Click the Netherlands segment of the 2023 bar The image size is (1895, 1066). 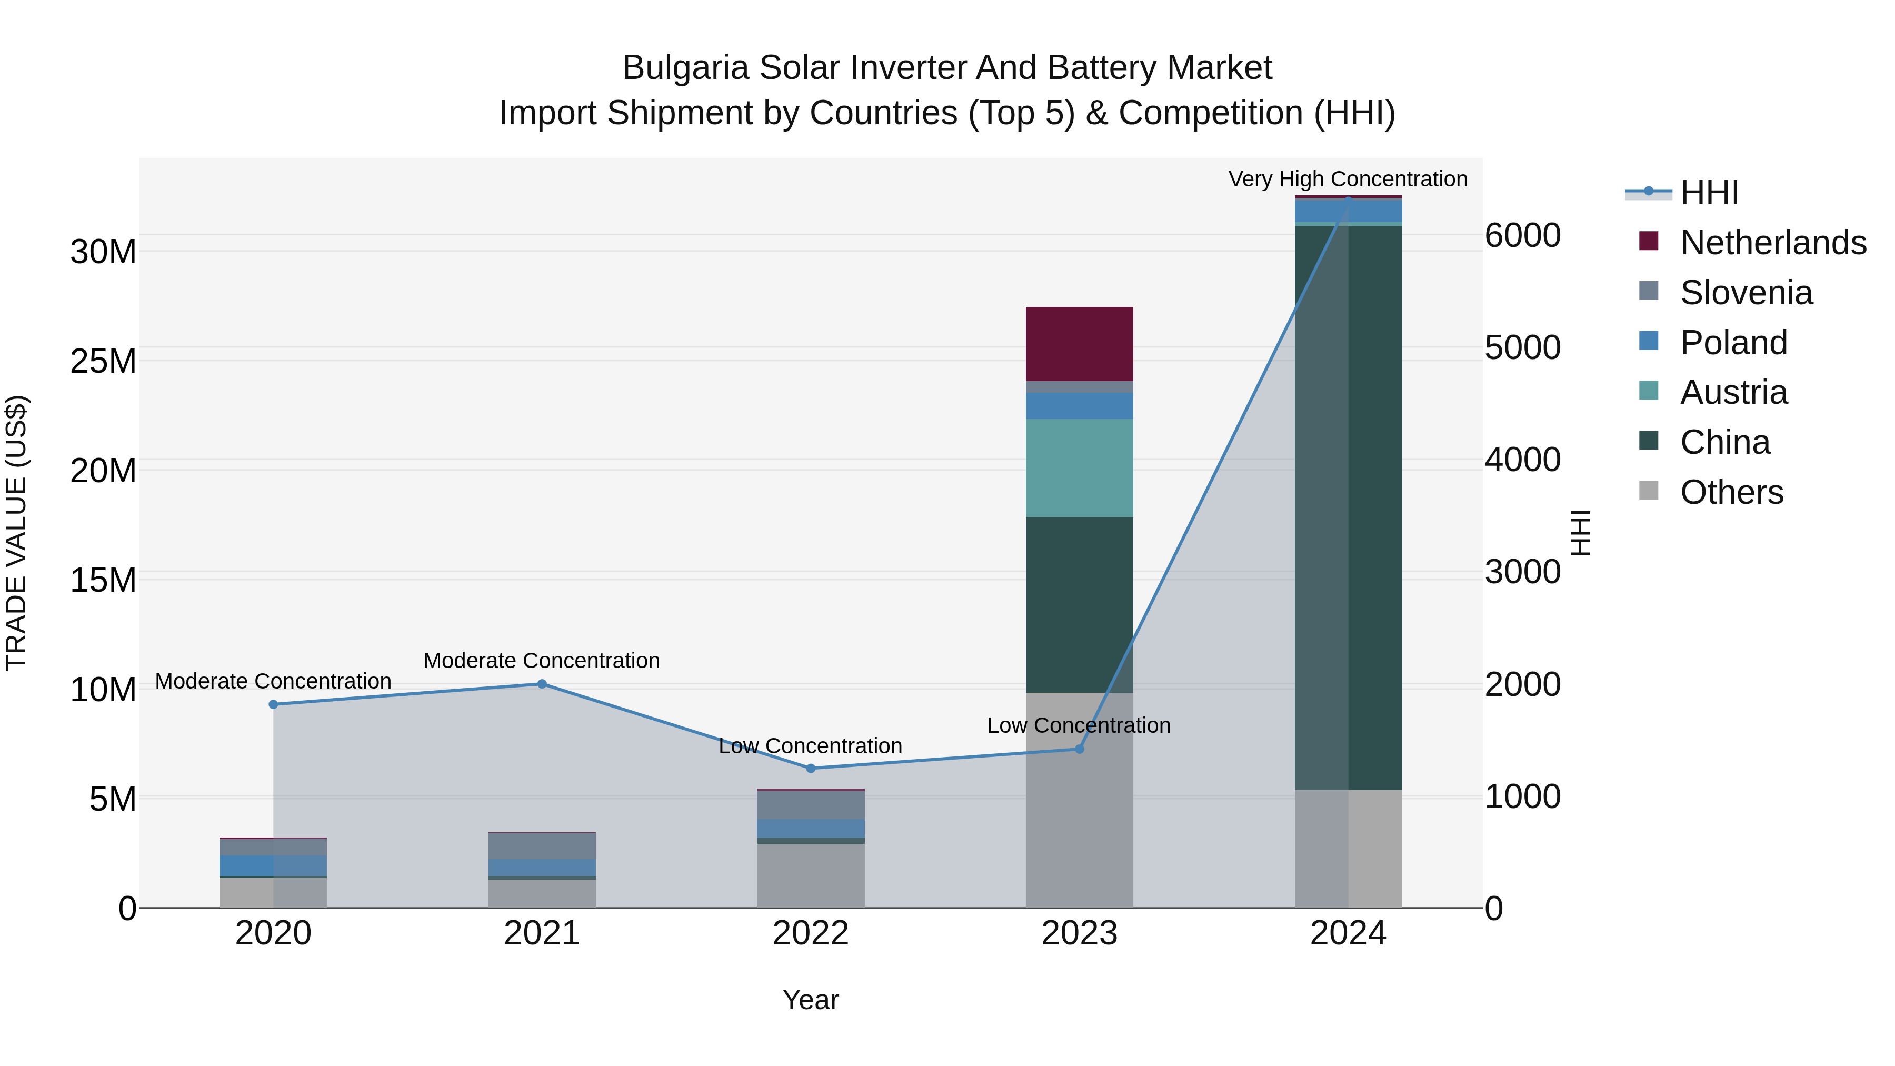[x=1079, y=344]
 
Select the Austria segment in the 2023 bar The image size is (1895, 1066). [x=1079, y=468]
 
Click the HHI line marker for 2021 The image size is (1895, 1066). [x=542, y=684]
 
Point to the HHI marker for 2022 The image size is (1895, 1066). [x=811, y=768]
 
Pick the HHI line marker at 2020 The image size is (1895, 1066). [x=274, y=704]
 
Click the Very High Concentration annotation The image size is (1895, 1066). [x=1348, y=179]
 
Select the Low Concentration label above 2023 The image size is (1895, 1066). [x=1079, y=725]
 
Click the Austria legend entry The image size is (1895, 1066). [x=1733, y=392]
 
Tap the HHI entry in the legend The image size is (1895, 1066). [x=1709, y=193]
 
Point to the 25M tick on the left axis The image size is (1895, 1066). [x=103, y=361]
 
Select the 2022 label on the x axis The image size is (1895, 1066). [x=811, y=933]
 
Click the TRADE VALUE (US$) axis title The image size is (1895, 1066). [x=16, y=533]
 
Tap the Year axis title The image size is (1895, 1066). [x=811, y=1000]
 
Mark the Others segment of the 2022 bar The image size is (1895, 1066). [x=811, y=875]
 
